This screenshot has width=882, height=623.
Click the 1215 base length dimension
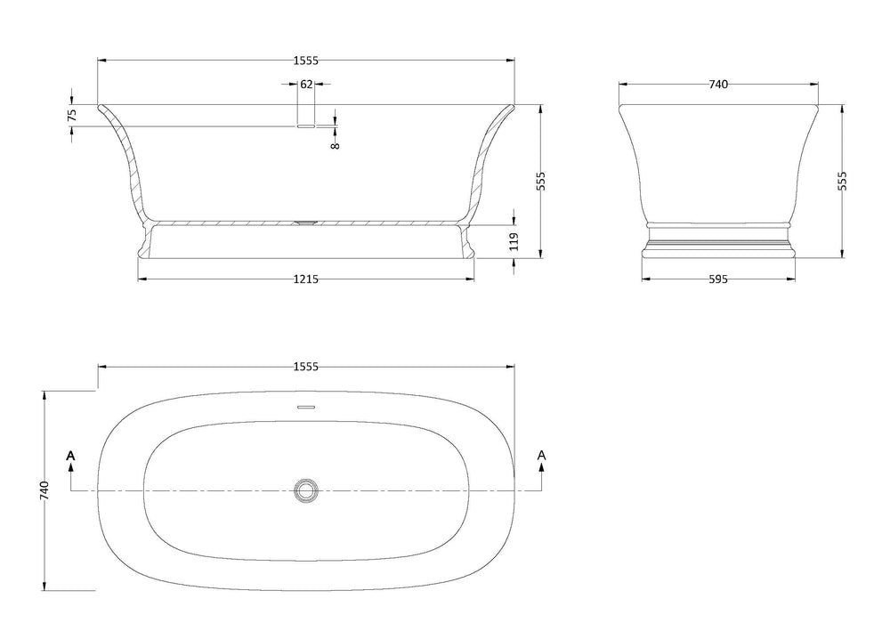click(305, 279)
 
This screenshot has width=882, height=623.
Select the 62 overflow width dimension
click(305, 85)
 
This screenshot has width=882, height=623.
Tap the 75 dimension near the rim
click(72, 115)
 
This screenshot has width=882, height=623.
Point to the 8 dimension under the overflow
click(335, 140)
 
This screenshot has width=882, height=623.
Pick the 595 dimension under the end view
click(718, 279)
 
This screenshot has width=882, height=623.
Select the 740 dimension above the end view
click(718, 85)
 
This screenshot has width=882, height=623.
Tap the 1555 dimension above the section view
click(305, 61)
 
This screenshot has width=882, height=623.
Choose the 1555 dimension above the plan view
click(305, 366)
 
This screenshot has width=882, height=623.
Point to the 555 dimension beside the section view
click(540, 181)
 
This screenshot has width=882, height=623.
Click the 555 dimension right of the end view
click(842, 181)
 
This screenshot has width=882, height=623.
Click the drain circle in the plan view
click(305, 489)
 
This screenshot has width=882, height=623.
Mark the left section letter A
click(71, 456)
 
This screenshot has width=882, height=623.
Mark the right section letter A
click(541, 456)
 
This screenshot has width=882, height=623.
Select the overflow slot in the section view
click(305, 126)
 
